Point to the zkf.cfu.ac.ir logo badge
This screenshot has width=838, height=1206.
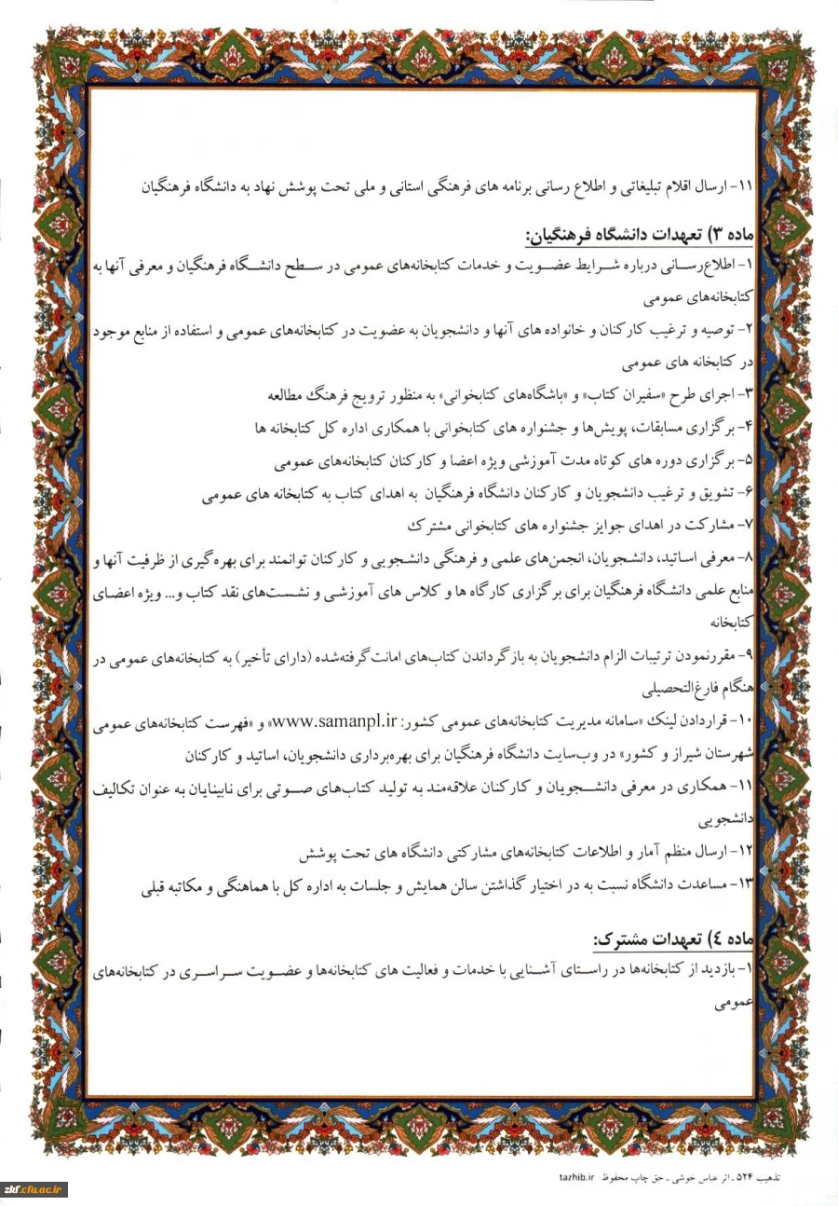point(34,1188)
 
